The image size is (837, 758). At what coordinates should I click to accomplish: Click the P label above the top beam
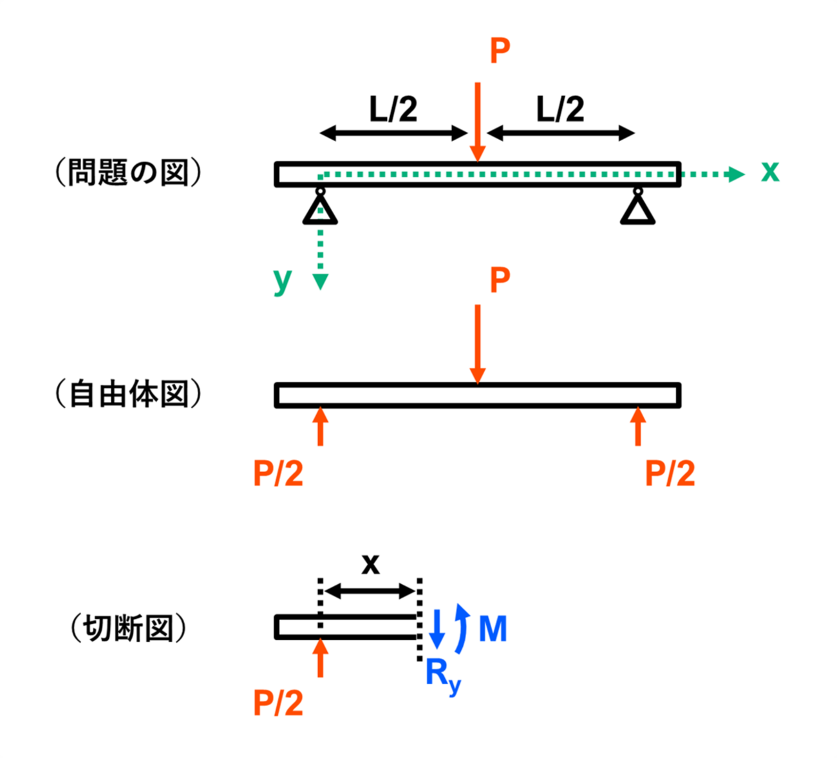tap(500, 50)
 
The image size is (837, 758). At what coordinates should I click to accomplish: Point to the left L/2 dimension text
tap(393, 109)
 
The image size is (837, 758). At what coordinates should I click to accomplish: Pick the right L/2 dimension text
tap(560, 109)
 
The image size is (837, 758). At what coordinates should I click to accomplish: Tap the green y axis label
tap(283, 281)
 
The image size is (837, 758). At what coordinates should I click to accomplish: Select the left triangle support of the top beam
tap(320, 209)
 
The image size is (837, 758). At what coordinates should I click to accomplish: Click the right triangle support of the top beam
tap(637, 209)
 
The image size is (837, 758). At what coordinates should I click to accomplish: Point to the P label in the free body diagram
tap(500, 280)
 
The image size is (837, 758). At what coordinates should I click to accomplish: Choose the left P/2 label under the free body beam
tap(278, 473)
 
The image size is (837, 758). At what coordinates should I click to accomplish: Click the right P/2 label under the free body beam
tap(670, 473)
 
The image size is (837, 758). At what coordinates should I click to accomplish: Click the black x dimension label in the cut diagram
tap(370, 564)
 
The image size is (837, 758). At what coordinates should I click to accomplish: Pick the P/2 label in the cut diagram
tap(278, 703)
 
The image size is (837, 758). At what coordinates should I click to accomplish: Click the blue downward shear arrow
tap(437, 629)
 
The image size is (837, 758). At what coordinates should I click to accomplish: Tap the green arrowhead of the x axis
tap(737, 174)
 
